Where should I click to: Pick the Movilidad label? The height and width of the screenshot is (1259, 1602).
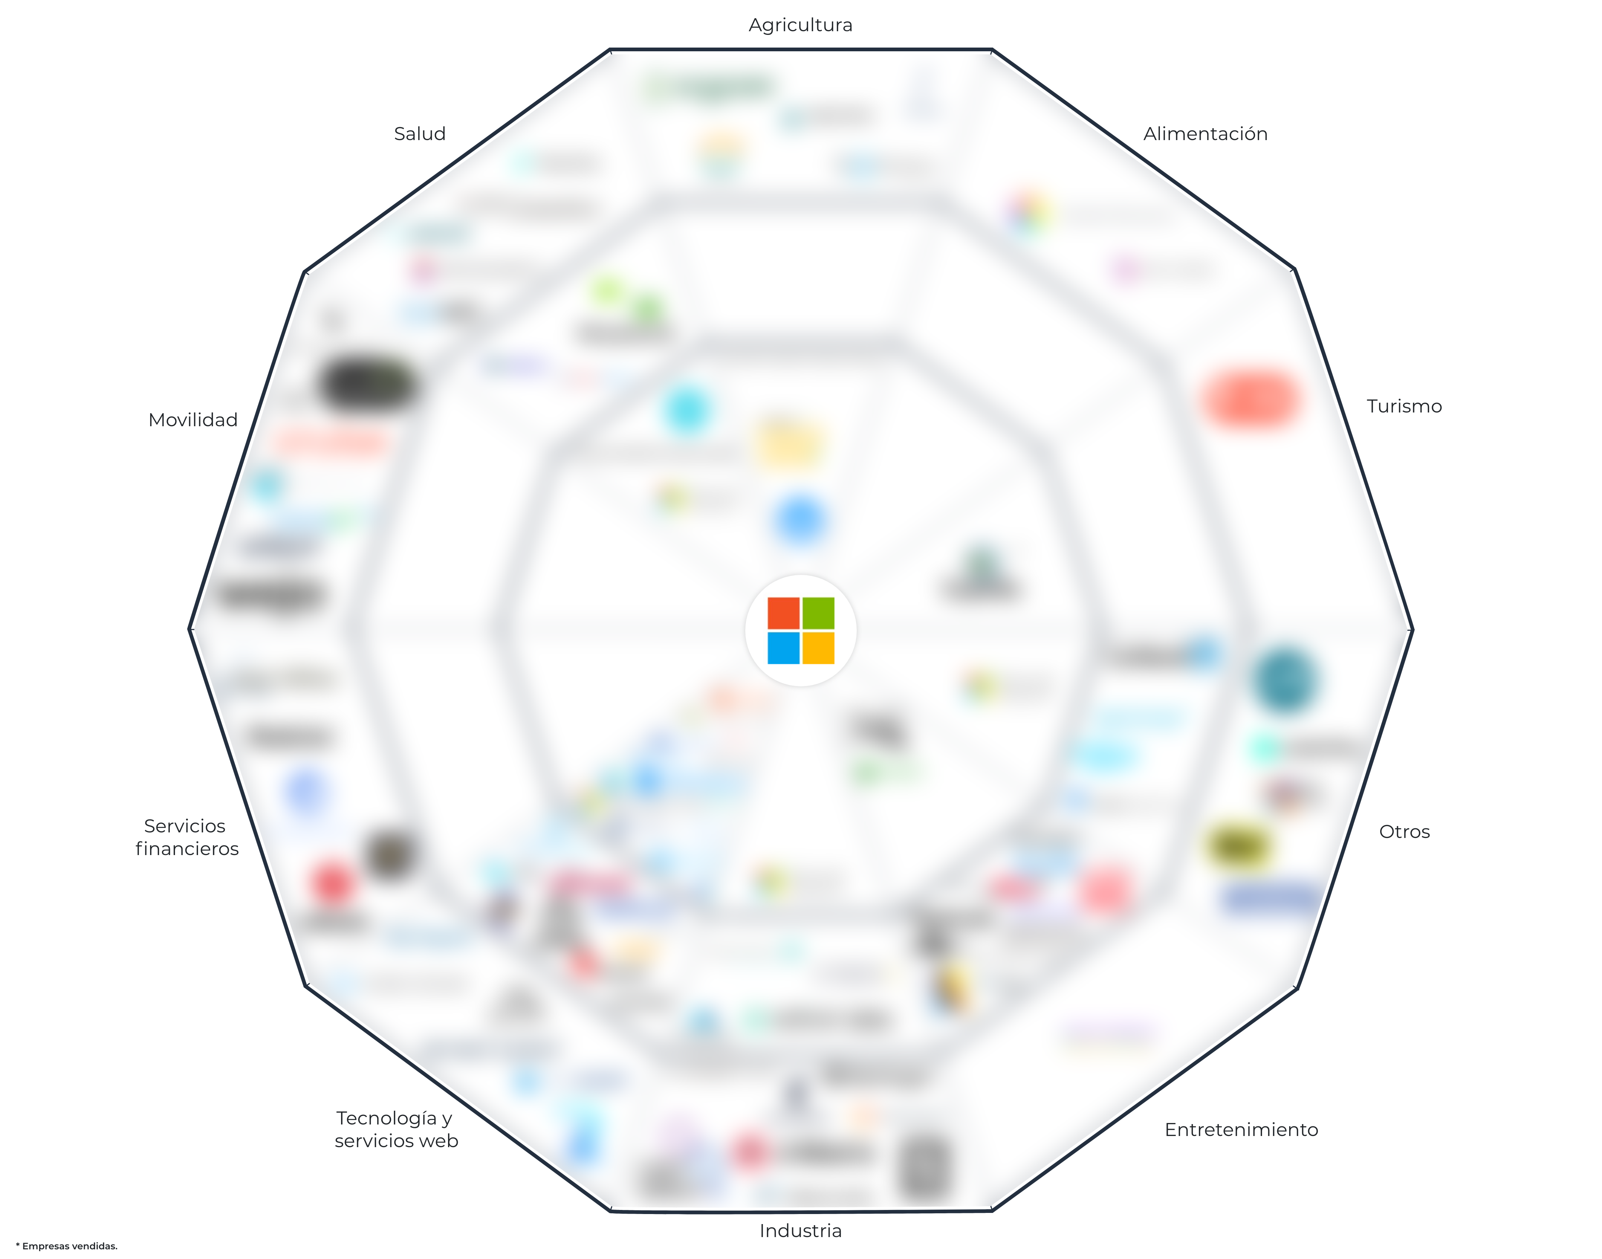[x=193, y=420]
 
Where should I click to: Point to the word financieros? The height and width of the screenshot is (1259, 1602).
[x=187, y=848]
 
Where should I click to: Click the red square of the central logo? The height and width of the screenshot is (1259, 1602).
[x=783, y=613]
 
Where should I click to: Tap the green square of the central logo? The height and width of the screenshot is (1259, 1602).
[x=818, y=613]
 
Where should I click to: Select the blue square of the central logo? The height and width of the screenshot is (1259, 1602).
[x=783, y=648]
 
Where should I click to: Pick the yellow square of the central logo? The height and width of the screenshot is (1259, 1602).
[x=818, y=648]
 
